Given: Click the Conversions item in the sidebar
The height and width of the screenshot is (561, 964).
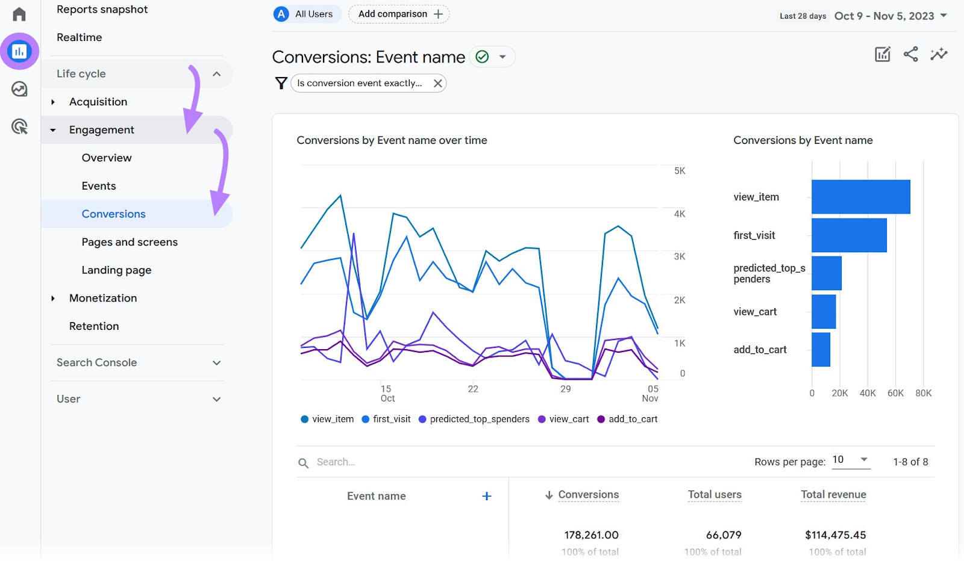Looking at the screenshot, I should (113, 214).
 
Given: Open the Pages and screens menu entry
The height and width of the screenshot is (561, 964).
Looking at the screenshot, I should (130, 242).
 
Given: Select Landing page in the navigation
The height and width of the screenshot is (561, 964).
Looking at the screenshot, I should (116, 270).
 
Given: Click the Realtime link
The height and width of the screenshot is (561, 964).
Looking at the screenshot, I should (79, 37).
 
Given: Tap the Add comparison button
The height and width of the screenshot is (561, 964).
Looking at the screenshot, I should (399, 14).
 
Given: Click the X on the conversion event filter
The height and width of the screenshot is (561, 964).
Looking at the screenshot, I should (438, 83).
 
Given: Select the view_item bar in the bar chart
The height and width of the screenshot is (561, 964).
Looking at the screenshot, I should (860, 197).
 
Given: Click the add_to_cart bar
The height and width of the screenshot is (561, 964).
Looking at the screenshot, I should (821, 350).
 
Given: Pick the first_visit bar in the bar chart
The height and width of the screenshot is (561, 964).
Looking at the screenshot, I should (848, 235).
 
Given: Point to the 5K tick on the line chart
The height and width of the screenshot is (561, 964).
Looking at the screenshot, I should (680, 171).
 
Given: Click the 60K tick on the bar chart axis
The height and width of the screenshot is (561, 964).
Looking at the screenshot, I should (895, 393).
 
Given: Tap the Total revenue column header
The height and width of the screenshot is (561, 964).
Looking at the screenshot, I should (833, 495).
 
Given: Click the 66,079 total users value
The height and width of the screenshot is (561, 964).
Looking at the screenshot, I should (723, 535).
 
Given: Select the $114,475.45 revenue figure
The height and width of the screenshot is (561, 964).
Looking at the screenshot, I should (835, 535).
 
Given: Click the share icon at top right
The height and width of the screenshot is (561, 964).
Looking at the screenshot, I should (911, 54).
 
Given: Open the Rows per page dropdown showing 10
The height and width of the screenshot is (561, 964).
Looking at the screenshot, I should (851, 460).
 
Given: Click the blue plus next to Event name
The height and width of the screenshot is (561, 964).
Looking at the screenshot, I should (487, 496).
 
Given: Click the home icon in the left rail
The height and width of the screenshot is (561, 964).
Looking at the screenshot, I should (19, 14).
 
